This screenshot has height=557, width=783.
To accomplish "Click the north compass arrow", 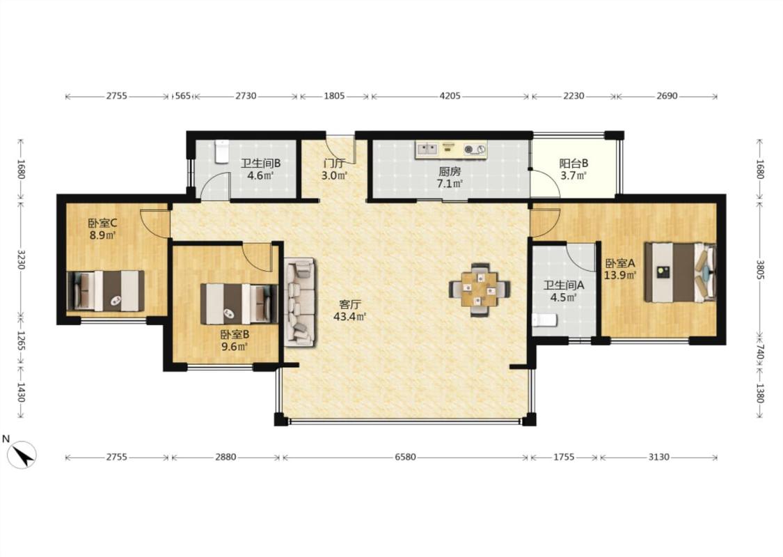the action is (x=22, y=455).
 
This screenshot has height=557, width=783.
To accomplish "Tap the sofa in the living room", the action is (x=299, y=302).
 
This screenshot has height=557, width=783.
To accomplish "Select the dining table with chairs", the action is (x=480, y=289).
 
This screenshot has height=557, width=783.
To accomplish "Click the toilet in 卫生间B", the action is (x=221, y=151).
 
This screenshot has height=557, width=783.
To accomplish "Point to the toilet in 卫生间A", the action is (x=544, y=320).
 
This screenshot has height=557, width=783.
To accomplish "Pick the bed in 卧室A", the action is (x=680, y=272).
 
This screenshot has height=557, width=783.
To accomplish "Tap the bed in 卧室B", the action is (x=239, y=304).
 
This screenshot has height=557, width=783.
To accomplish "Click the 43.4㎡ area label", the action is (x=350, y=316).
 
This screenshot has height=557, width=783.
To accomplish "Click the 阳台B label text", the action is (x=574, y=164).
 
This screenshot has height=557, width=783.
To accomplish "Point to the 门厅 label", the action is (x=334, y=164).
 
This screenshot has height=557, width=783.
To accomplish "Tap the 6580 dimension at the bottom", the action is (x=405, y=457).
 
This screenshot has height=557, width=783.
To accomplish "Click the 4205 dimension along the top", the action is (x=450, y=96).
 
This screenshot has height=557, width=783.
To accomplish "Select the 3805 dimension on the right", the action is (x=759, y=269).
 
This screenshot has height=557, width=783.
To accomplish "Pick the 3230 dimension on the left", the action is (x=21, y=260).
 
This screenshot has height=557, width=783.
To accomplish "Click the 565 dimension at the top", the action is (x=183, y=96).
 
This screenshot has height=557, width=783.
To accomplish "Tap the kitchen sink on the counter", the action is (x=427, y=148).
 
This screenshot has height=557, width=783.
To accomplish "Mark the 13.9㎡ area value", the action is (x=620, y=275).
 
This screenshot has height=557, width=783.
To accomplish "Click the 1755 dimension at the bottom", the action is (x=564, y=457).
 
